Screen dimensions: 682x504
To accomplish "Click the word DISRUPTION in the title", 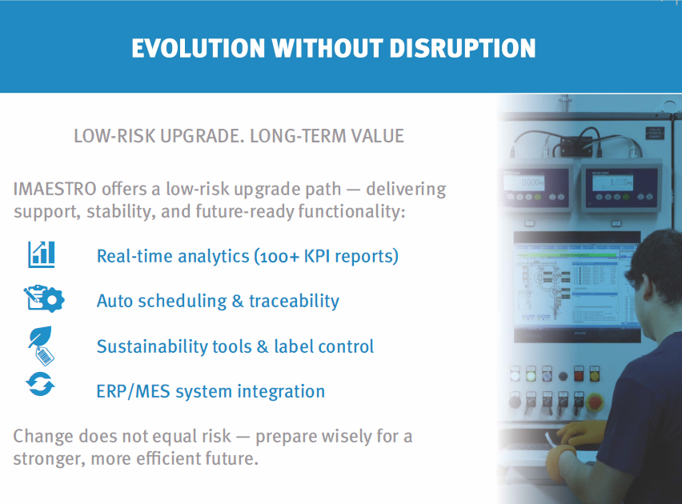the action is tap(463, 48).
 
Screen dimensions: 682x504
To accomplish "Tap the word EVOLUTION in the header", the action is tap(199, 48).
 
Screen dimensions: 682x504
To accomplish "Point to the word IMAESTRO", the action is tap(54, 189).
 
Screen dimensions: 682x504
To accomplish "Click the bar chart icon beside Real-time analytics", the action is tap(42, 254).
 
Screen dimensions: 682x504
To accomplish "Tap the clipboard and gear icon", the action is tap(44, 298).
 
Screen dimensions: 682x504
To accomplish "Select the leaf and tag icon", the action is tap(42, 346).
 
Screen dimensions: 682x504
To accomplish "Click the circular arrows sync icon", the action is tap(40, 385).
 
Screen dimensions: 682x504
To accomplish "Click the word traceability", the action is tap(294, 301).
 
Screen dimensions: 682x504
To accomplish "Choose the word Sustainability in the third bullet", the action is tap(152, 346).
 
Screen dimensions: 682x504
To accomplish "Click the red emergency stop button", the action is tap(595, 402).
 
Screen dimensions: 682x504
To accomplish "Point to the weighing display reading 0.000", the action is tap(524, 182).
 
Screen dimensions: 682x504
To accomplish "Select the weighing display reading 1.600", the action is tap(612, 182).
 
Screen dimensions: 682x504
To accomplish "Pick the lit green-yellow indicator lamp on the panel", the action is tap(531, 374).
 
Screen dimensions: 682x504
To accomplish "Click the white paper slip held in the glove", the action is tap(549, 439).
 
